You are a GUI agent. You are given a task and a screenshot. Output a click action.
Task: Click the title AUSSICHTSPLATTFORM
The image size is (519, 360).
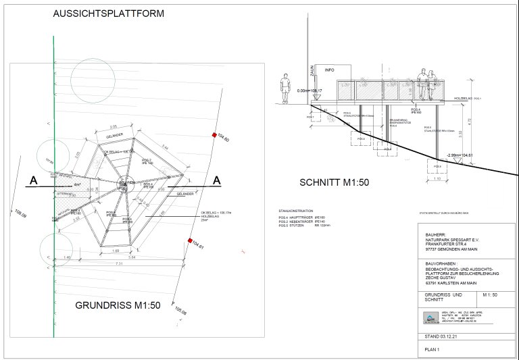(108, 13)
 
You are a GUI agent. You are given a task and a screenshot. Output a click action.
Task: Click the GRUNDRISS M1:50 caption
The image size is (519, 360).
(117, 305)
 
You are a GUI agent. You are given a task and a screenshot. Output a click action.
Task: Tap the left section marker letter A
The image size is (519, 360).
(32, 180)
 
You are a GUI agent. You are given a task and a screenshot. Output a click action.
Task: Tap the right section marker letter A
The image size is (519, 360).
(217, 180)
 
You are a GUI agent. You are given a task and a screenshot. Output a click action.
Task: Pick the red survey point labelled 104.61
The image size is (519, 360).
(191, 241)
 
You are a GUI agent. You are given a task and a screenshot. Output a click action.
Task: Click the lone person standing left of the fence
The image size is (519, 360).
(285, 88)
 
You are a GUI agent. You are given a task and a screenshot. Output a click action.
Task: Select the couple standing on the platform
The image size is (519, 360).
(424, 84)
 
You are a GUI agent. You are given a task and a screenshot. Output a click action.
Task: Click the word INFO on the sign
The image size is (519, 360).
(329, 70)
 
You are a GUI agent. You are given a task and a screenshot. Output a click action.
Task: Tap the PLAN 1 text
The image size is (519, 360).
(432, 350)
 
